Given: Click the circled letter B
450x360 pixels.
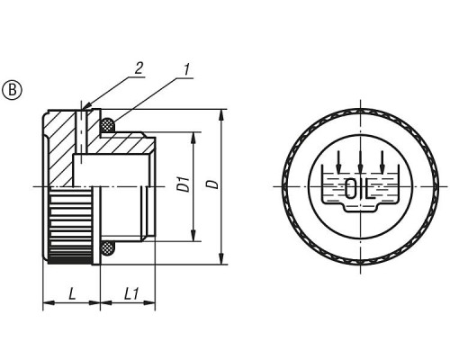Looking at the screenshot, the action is pos(13,90).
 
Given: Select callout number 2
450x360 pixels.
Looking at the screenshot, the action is pos(139,68).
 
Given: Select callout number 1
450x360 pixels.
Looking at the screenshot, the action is pos(186,69).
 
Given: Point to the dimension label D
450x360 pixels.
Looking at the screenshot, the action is pos(213,184).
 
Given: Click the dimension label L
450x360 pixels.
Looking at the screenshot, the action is pos(72,293).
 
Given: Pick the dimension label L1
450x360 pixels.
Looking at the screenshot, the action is pos(131,293).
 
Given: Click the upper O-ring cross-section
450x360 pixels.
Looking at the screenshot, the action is pos(107,125).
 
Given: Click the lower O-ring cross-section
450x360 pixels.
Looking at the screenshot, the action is pos(107,248).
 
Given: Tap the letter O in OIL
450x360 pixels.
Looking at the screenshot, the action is pos(350,188).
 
